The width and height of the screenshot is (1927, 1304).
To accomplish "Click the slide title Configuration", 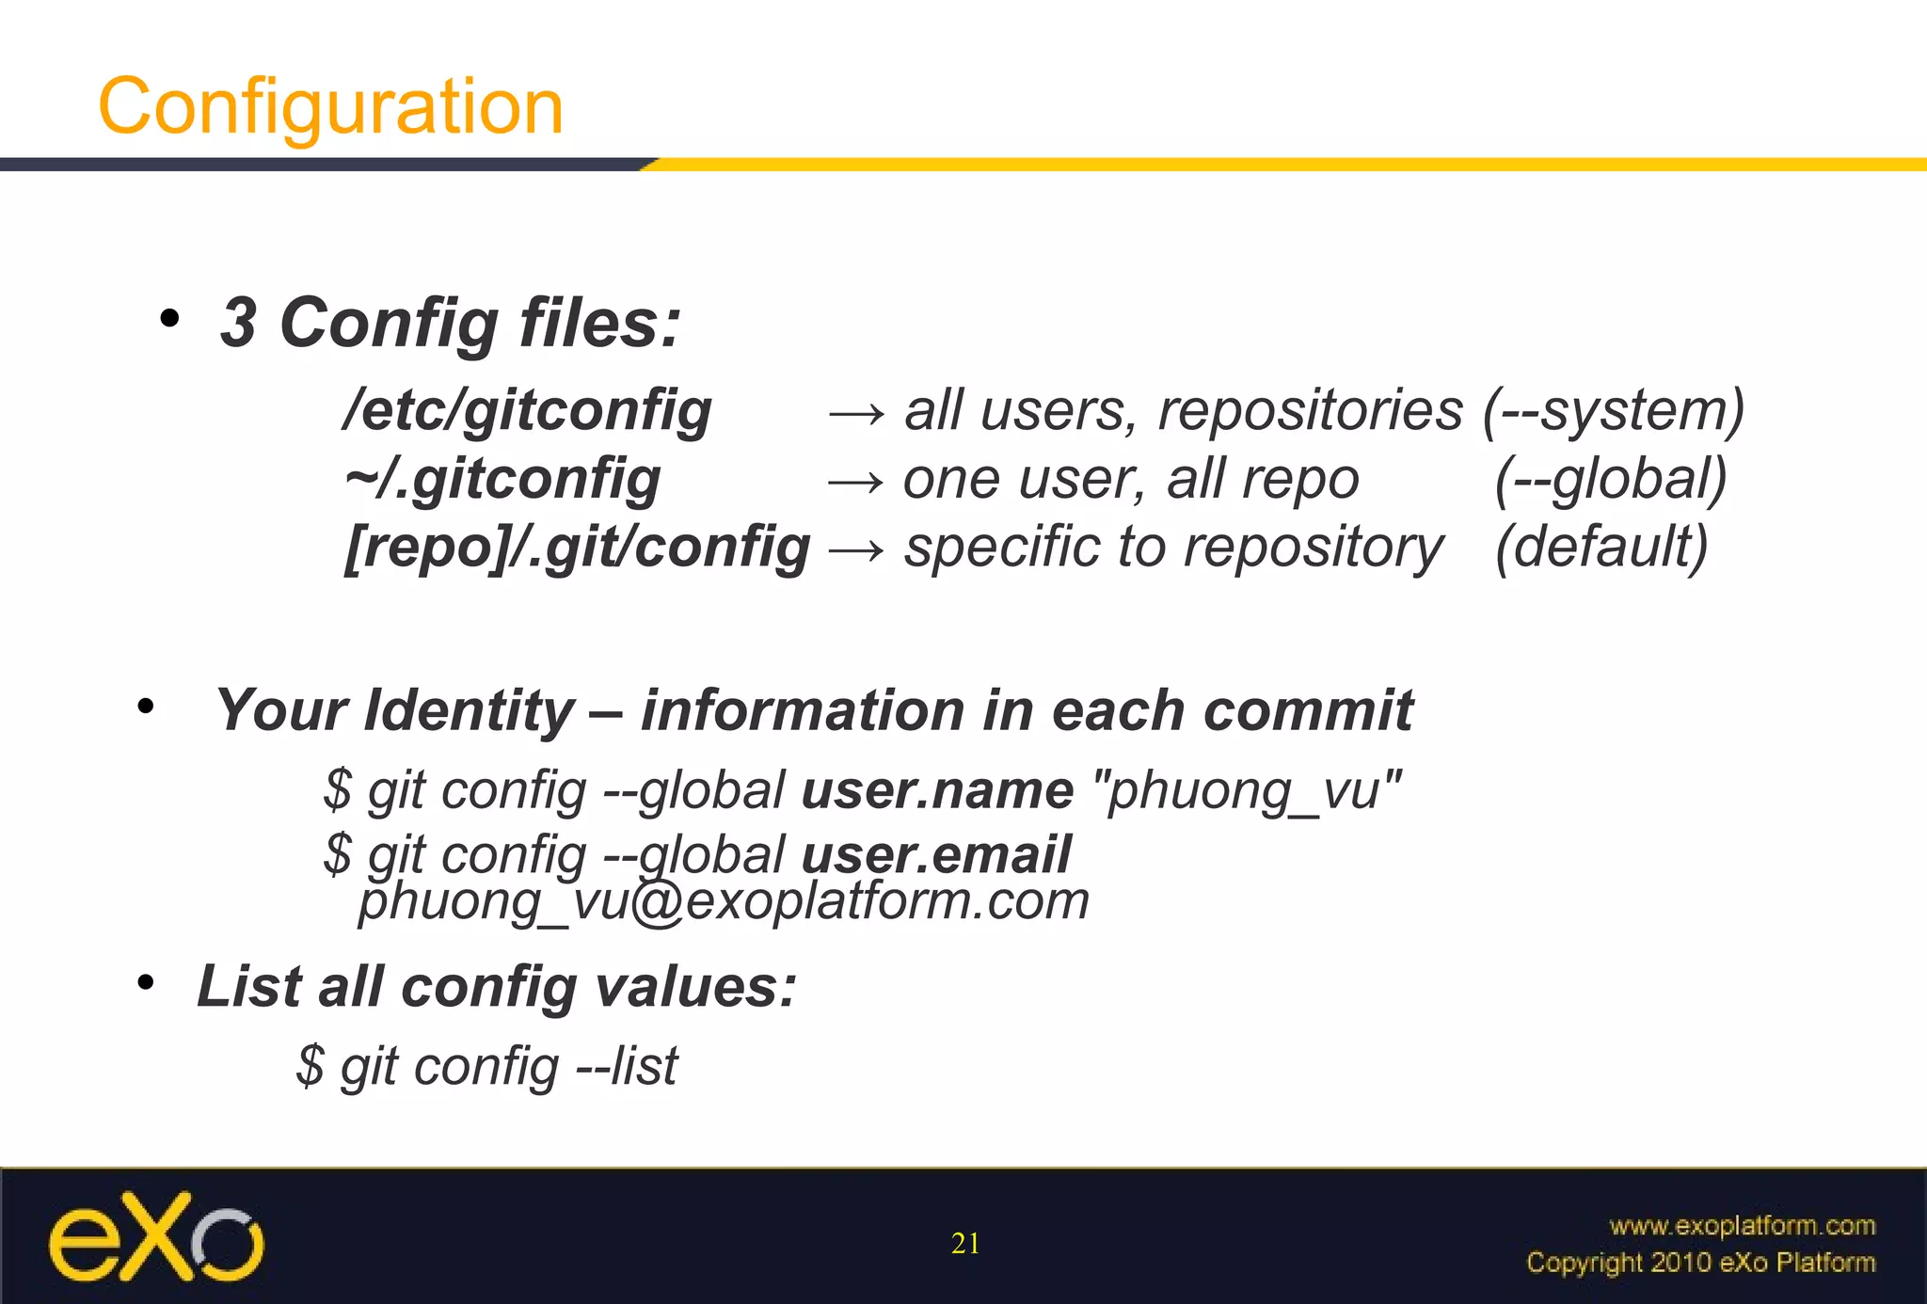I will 330,106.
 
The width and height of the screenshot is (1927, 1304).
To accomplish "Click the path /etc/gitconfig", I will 528,410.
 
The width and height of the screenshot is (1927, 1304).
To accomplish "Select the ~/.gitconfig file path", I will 502,479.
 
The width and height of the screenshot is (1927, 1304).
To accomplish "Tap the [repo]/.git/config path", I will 577,548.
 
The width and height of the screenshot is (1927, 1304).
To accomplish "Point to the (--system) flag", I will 1614,410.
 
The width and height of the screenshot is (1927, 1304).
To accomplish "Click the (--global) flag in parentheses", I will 1611,479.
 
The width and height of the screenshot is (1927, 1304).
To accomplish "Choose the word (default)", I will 1601,548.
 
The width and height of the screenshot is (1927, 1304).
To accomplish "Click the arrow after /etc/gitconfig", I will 855,414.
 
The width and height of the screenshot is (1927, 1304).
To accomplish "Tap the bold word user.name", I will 937,790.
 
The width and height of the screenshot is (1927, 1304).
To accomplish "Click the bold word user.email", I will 935,854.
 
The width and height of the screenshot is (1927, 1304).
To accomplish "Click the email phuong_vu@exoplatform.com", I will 724,901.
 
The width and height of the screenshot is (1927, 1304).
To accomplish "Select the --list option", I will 627,1066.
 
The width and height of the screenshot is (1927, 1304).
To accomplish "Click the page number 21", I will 965,1244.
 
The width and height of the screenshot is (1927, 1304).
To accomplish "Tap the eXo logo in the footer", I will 156,1238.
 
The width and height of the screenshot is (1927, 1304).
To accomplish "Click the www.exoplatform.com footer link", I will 1742,1225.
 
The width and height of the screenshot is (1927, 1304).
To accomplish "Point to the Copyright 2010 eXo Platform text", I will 1700,1262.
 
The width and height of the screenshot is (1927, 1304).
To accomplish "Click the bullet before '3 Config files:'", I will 169,320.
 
